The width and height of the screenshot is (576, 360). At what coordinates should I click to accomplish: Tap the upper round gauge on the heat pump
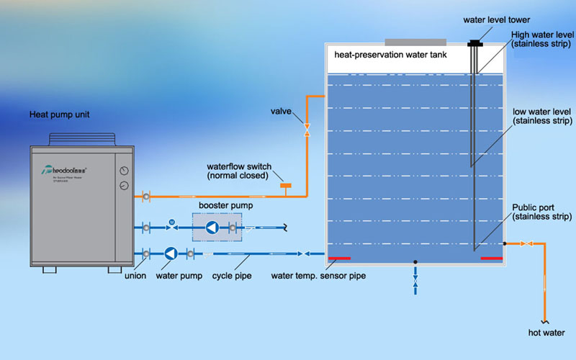pos(124,171)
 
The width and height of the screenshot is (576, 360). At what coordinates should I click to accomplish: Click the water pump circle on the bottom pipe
pos(170,253)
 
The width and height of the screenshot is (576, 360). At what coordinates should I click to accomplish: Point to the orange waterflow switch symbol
pos(286,189)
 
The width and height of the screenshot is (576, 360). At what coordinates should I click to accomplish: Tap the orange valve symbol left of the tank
pos(307,130)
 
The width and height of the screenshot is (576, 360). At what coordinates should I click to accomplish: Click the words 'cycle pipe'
pos(232,276)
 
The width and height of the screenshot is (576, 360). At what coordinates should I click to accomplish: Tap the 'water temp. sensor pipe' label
pos(312,276)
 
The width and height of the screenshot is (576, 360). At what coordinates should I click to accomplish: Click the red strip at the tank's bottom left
pos(339,258)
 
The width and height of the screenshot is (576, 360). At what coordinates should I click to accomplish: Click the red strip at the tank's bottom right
pos(491,258)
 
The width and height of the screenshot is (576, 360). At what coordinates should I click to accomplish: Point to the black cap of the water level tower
pos(474,44)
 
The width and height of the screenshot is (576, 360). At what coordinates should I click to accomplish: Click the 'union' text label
pos(135,276)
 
